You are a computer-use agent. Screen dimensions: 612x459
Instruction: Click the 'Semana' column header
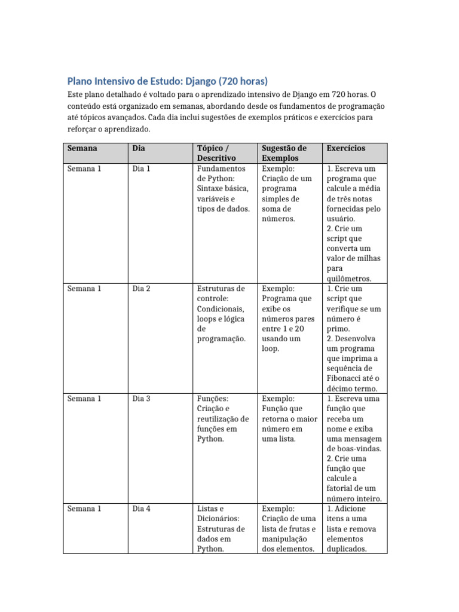[x=82, y=148]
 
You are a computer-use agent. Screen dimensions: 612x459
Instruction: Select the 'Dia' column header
[x=139, y=148]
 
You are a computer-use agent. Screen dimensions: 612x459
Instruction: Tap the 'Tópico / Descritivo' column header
[x=216, y=153]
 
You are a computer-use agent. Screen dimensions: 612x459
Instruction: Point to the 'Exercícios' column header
[x=346, y=148]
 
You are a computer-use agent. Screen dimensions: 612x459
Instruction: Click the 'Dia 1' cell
[x=141, y=169]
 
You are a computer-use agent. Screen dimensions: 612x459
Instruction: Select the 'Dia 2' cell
[x=141, y=289]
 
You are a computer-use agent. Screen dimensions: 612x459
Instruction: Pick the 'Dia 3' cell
[x=141, y=399]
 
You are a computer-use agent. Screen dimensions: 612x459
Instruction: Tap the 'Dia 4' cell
[x=141, y=509]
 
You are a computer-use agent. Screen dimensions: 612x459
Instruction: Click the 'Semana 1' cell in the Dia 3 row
[x=84, y=399]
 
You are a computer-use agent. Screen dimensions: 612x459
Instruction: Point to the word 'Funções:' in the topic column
[x=213, y=399]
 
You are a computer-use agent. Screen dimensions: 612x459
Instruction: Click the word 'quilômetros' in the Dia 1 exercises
[x=349, y=279]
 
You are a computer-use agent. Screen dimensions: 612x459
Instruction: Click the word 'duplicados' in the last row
[x=346, y=549]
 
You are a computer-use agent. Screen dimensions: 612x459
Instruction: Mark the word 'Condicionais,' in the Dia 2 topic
[x=221, y=309]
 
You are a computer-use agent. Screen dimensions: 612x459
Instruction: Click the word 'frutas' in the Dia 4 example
[x=298, y=529]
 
